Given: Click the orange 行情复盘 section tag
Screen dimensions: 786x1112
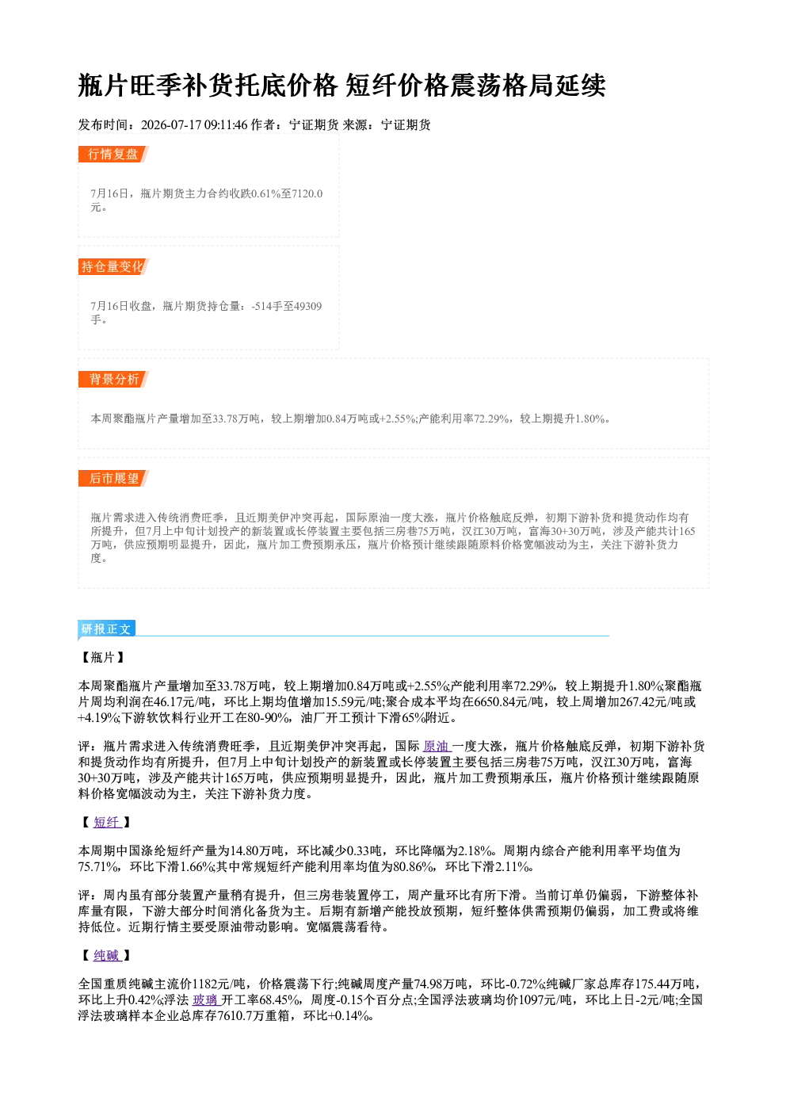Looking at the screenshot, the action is pos(113,154).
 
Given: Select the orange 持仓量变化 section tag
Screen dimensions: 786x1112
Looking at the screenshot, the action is pos(113,266).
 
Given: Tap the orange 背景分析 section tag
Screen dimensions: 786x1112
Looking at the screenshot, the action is pos(113,380).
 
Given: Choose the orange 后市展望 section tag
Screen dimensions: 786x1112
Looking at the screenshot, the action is pos(113,478).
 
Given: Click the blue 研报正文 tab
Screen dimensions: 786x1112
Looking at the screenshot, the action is pos(106,629).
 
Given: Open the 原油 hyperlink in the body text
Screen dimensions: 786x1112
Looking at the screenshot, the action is pos(436,747).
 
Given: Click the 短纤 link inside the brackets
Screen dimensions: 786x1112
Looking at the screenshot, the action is pos(107,823).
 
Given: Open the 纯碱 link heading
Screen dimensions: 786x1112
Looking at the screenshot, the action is pos(107,956).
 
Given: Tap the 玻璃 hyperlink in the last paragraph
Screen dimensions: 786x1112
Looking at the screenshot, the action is pos(205,999).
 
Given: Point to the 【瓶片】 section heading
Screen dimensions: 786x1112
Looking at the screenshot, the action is pos(103,657).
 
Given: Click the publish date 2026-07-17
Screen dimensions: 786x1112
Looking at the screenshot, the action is pos(171,124).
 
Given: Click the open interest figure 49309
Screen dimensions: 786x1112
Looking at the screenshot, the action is pos(307,306).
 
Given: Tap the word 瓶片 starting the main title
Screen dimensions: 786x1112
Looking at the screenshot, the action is pos(104,86).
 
